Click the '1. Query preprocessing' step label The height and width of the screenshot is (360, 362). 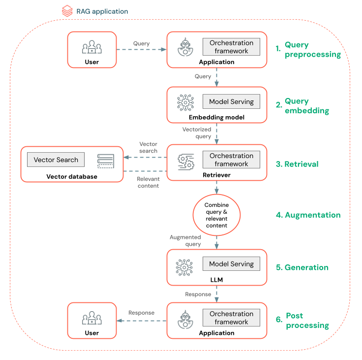[308, 50]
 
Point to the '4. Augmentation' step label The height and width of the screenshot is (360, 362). [308, 215]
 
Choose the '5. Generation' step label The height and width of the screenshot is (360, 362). [302, 267]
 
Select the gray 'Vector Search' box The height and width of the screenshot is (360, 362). [56, 160]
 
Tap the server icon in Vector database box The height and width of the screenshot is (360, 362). [105, 161]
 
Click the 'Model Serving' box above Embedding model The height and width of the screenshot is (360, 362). [231, 101]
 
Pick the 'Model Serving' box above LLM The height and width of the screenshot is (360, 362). [231, 263]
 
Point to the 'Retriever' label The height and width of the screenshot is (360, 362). [216, 175]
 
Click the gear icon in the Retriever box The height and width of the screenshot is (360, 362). [185, 161]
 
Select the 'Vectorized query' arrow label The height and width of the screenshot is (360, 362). [197, 132]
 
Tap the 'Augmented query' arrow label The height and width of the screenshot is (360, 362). [185, 240]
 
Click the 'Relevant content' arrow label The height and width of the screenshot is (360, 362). [148, 182]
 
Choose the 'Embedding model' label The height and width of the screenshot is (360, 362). [216, 118]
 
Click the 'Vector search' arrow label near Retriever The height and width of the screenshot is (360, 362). [148, 147]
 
